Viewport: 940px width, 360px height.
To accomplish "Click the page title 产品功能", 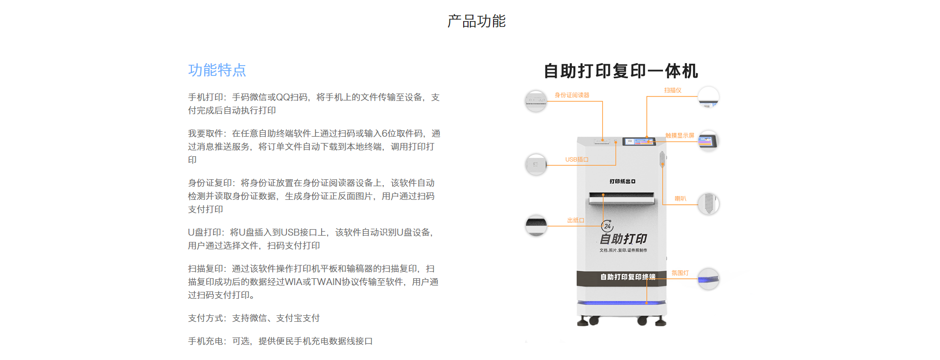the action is pos(476,21).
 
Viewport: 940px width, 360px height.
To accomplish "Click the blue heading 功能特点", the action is pos(217,70).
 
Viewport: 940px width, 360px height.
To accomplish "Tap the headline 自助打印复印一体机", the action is pos(621,71).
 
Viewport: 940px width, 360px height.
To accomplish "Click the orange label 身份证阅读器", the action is pos(572,95).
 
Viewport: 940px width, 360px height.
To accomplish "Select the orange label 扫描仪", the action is pos(673,90).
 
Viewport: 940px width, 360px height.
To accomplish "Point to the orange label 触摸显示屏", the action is pos(680,135).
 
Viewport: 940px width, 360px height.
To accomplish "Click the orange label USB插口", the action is pos(577,160).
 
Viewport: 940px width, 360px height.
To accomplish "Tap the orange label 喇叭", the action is pos(681,198).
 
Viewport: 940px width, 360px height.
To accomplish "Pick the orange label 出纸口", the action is pos(576,220).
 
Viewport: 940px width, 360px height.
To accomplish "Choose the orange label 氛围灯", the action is pos(680,273).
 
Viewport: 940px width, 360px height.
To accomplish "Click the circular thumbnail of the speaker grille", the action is pos(708,203).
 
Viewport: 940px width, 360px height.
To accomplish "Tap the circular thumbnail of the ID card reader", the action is pos(536,101).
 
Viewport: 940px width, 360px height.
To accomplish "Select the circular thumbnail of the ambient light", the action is pos(708,279).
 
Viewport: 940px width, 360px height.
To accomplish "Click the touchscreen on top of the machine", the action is pos(639,142).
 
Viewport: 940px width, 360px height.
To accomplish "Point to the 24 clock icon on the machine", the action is pos(607,226).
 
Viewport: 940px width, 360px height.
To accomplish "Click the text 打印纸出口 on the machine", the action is pos(622,181).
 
